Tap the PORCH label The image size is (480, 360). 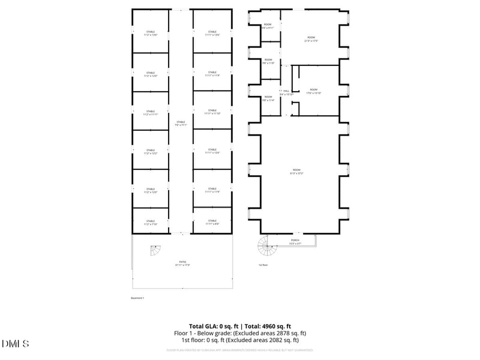tap(294, 241)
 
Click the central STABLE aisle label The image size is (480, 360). tap(181, 123)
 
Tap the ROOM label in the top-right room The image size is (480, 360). tap(311, 39)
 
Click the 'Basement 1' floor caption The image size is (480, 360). tap(137, 298)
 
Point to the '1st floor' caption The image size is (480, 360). tap(263, 265)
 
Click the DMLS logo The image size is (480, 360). tap(15, 344)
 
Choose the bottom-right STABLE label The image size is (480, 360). tap(212, 222)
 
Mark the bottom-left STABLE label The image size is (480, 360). tap(150, 222)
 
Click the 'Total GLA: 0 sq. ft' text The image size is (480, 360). tap(214, 326)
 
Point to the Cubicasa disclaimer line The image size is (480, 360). tap(240, 350)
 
